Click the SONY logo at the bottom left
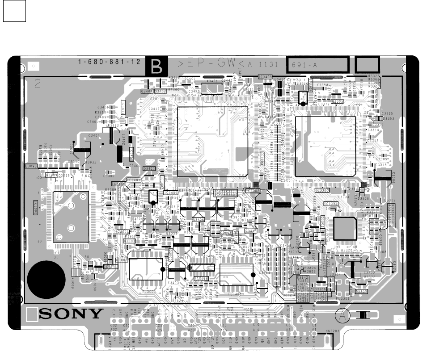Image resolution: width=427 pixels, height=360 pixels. point(71,314)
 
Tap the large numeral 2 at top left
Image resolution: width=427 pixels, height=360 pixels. point(38,84)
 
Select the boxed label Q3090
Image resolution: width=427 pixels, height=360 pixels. point(31,166)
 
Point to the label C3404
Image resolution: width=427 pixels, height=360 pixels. point(94,135)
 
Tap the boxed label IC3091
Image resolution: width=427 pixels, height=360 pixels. point(111,267)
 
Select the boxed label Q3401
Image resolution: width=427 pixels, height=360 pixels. point(148,168)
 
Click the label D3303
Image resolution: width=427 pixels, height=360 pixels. point(389,118)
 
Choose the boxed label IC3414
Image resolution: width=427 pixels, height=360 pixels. point(202,279)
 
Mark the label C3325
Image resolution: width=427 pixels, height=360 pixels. point(387,113)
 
